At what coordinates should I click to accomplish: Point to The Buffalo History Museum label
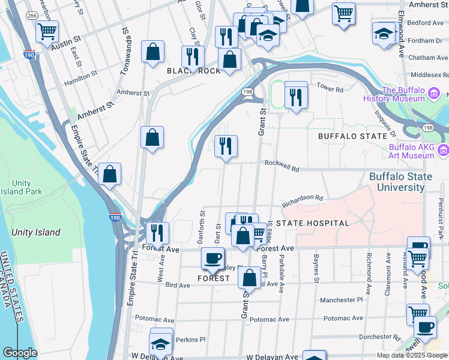(406, 95)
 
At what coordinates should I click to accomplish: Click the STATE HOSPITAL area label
(312, 223)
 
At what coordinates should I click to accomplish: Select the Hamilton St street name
(81, 76)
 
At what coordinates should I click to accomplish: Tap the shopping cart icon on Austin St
(47, 31)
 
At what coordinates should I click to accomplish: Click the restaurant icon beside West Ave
(157, 232)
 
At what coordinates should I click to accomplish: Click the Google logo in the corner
(20, 353)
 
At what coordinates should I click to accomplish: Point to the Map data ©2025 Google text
(411, 355)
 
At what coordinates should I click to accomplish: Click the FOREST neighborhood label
(214, 278)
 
